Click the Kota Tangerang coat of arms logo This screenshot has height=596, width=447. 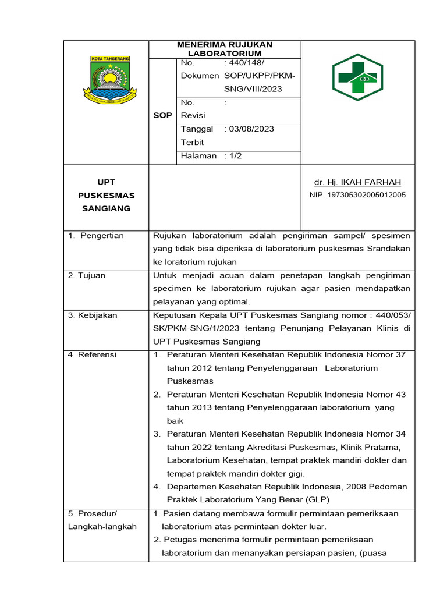coord(111,80)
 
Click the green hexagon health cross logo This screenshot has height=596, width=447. coord(357,77)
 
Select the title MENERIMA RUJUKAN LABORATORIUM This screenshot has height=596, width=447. coord(225,49)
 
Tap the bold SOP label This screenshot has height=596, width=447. coord(162,115)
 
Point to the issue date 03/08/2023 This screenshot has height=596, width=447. coord(251,129)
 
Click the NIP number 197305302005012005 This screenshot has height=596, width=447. coord(357,195)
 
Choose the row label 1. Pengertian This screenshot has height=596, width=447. coord(96,236)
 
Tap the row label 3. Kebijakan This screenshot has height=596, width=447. coord(93,315)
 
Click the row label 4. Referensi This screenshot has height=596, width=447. coord(92,354)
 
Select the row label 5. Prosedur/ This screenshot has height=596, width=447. coord(93,513)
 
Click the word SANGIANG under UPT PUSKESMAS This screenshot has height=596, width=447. coord(105,208)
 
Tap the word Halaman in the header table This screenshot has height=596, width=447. coord(198,155)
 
